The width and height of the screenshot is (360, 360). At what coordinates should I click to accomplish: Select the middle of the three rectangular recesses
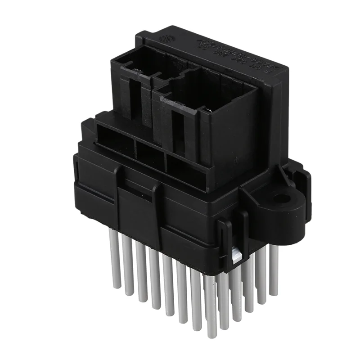[x=150, y=153]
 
